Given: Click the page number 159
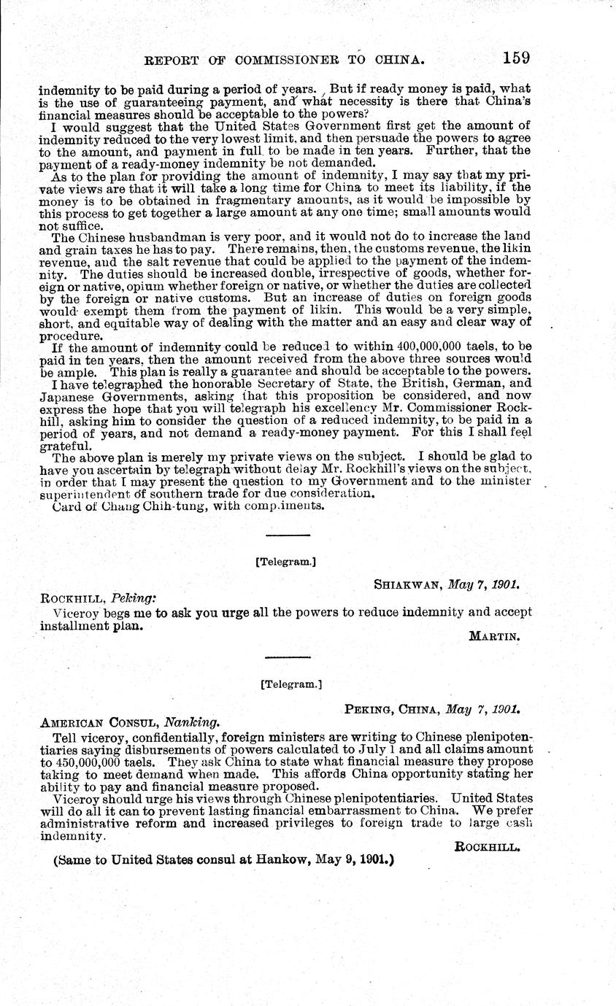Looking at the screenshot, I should [515, 58].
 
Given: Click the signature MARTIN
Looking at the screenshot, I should [493, 636].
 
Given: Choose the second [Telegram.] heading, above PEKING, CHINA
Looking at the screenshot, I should [290, 684].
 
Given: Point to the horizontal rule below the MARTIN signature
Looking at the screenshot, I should [288, 657].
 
